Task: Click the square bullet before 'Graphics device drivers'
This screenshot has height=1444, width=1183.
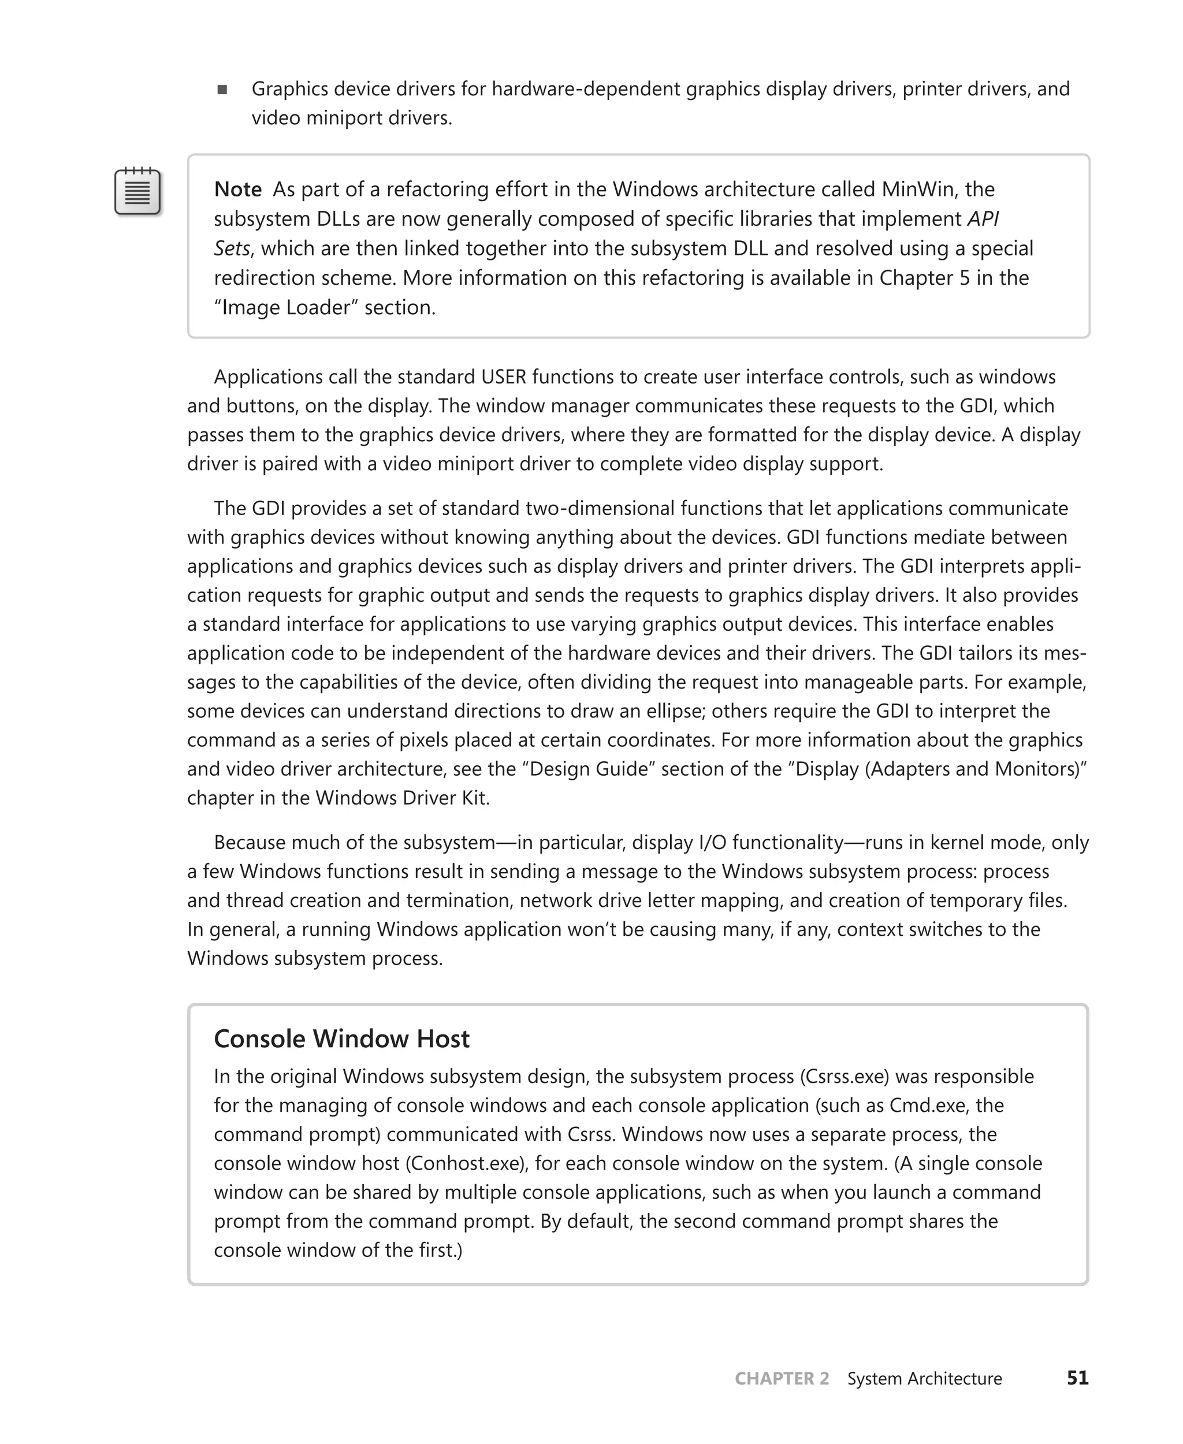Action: [x=222, y=90]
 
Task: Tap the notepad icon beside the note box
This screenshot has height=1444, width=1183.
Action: [x=137, y=192]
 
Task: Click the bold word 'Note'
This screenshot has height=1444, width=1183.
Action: [x=238, y=189]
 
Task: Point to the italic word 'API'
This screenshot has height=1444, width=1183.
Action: [x=983, y=219]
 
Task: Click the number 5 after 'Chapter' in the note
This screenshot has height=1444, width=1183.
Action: [x=963, y=278]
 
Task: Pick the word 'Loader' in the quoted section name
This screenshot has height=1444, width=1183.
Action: [x=322, y=307]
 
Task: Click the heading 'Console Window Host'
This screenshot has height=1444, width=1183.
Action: [x=341, y=1039]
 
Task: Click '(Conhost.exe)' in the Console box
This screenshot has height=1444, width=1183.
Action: [x=467, y=1163]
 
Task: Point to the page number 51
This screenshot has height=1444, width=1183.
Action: [x=1077, y=1378]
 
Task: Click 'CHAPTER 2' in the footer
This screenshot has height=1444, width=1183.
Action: [x=782, y=1379]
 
